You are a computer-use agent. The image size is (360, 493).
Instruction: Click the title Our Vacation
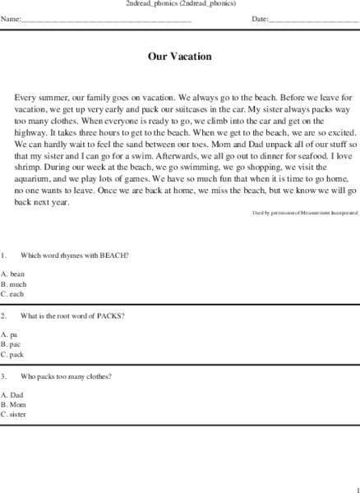(x=179, y=58)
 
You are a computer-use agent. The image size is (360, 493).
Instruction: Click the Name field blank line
(x=107, y=19)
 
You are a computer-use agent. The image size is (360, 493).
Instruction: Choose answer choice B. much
(x=14, y=283)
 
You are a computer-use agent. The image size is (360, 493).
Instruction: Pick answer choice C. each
(x=13, y=293)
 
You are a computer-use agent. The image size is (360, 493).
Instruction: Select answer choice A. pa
(x=10, y=334)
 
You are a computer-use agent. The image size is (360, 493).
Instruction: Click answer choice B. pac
(x=12, y=344)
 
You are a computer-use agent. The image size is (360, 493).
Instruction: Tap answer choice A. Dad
(x=12, y=395)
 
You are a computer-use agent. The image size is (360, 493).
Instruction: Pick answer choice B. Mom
(x=13, y=405)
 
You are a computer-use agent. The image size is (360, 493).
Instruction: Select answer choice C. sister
(x=14, y=415)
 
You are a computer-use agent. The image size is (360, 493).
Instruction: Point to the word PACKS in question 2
(x=109, y=316)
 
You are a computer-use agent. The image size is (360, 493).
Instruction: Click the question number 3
(x=4, y=376)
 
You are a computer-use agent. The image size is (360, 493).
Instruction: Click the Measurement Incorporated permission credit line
(x=304, y=213)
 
